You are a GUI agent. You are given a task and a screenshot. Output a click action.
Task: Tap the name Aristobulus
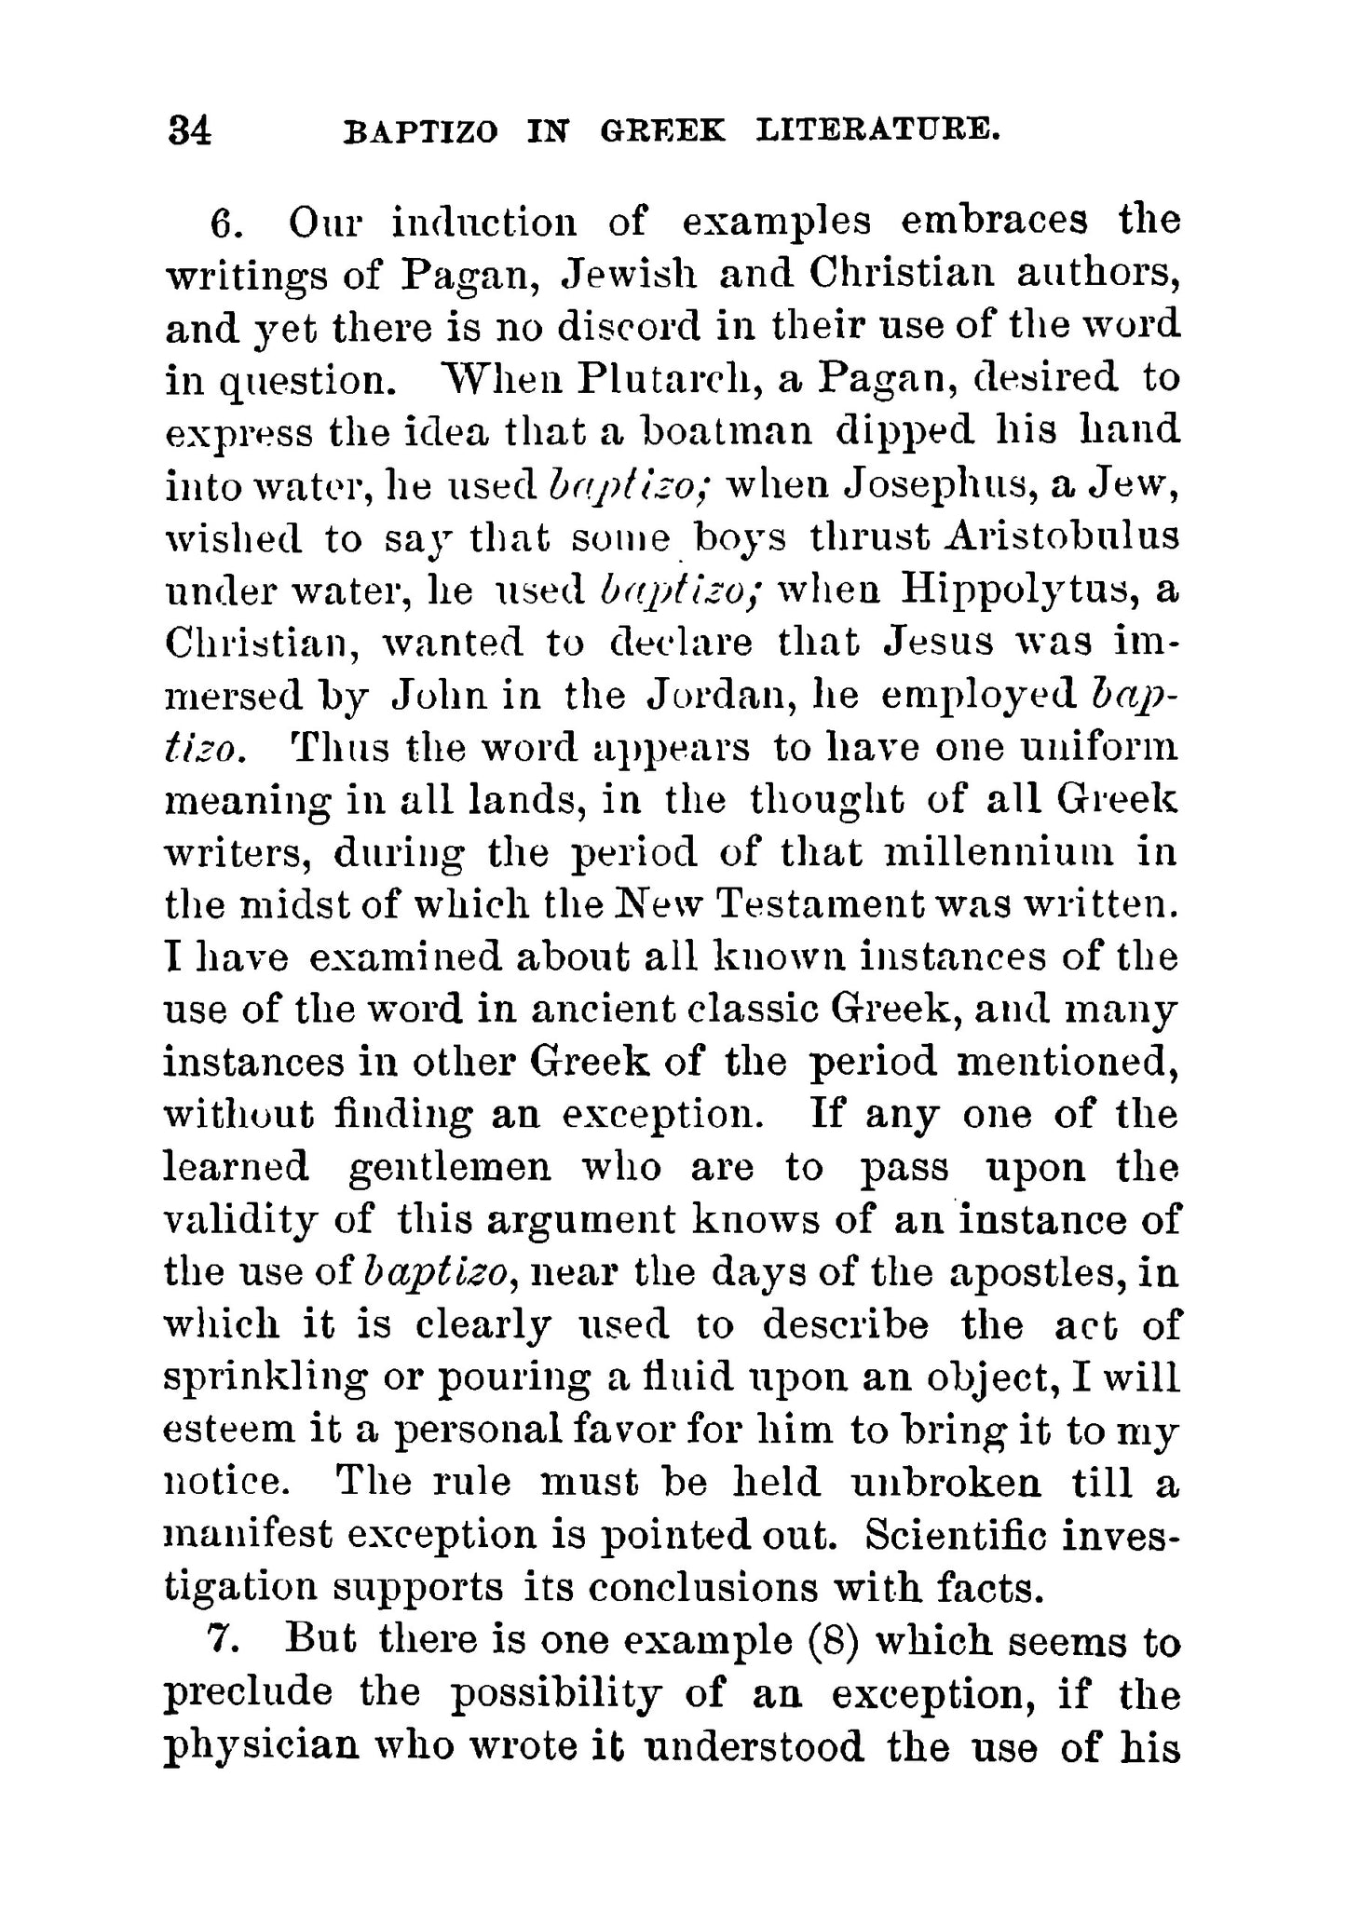(1062, 537)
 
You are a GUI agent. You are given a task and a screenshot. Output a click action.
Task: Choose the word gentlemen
(450, 1168)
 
